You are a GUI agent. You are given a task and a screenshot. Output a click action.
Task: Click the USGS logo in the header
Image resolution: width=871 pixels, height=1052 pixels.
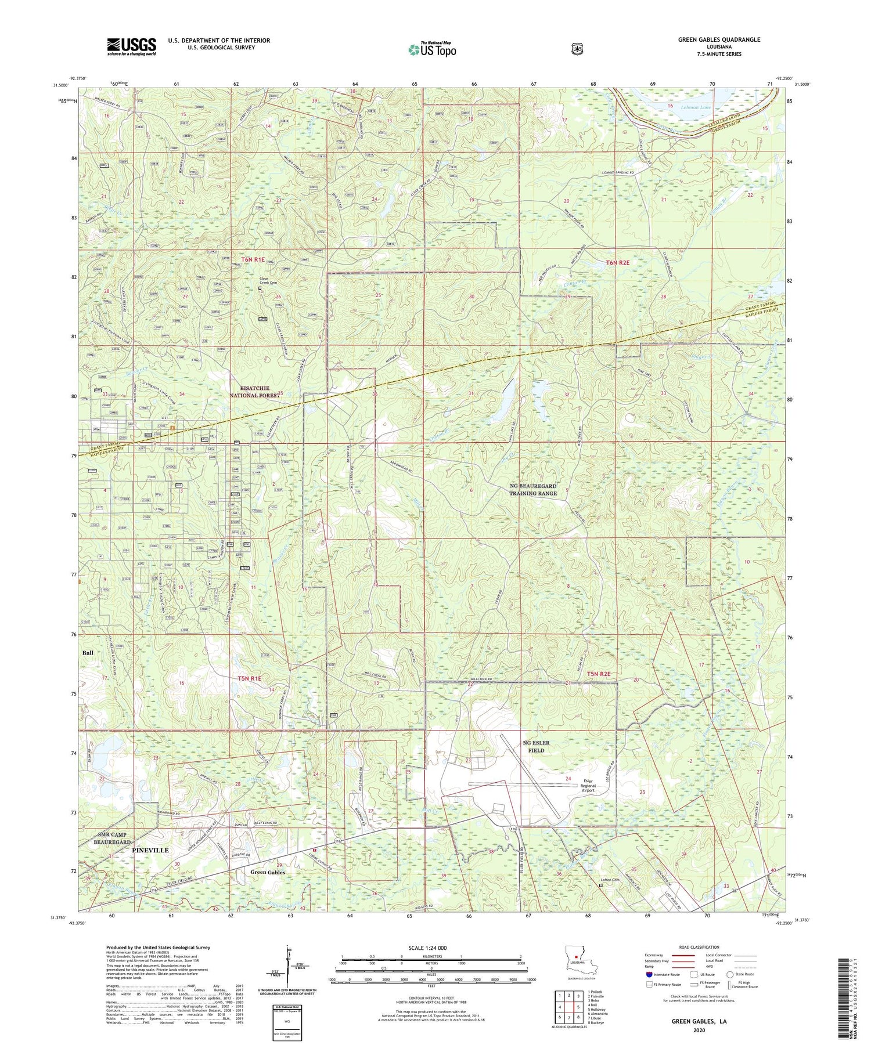pos(131,46)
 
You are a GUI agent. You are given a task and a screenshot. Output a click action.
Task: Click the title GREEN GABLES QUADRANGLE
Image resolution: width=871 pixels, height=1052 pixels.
pos(719,39)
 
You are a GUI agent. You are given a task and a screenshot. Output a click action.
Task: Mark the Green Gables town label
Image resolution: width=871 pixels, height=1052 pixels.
pos(268,872)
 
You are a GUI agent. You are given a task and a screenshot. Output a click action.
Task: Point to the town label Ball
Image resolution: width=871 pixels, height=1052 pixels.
pos(88,652)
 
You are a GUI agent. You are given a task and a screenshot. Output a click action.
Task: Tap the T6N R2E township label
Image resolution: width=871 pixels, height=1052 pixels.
pos(618,263)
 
